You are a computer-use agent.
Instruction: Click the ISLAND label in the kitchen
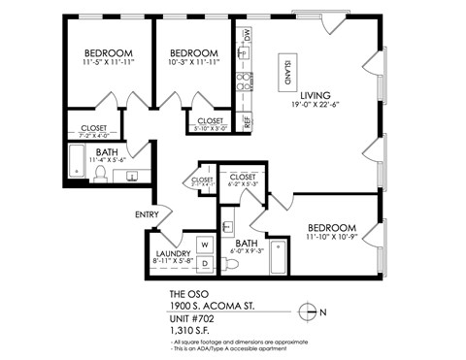click(288, 70)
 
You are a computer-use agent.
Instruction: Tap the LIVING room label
click(316, 94)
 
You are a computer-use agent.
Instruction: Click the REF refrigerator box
click(247, 122)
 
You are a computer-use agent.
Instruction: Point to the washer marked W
click(205, 245)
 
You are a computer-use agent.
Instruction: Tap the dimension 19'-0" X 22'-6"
click(316, 105)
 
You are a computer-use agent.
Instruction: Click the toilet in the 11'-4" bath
click(99, 173)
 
